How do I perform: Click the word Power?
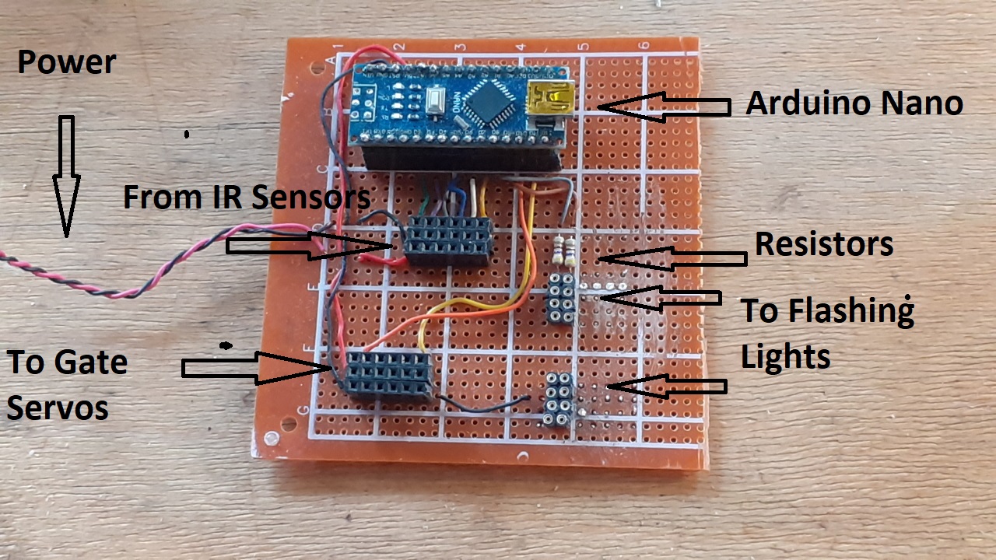[67, 62]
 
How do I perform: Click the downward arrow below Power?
[66, 175]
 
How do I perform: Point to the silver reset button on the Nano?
[436, 99]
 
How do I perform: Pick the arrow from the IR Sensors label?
[307, 246]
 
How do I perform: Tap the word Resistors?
[823, 244]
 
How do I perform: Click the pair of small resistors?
[566, 250]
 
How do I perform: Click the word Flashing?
[826, 311]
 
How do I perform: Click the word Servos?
[58, 408]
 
